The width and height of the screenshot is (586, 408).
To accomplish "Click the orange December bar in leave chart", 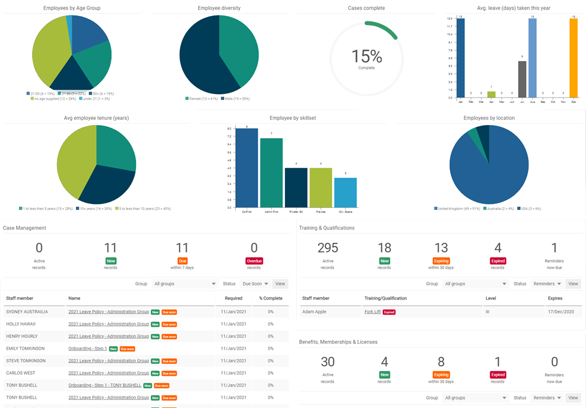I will tap(573, 58).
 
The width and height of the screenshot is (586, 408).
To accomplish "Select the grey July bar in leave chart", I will tap(522, 79).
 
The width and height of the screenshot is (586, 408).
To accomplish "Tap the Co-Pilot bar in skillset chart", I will tap(247, 168).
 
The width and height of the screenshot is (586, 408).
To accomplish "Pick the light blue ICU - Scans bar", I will tap(345, 193).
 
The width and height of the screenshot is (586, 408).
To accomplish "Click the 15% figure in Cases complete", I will tap(366, 56).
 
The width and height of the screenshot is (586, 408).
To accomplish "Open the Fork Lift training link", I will tap(372, 312).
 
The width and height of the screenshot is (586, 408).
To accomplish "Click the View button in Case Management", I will tap(280, 284).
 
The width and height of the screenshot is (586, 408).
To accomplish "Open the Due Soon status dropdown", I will tap(255, 284).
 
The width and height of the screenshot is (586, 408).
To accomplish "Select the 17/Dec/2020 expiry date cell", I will tap(560, 312).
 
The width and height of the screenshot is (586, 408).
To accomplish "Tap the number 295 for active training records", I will tap(327, 248).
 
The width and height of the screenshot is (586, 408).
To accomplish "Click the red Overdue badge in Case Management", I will tap(254, 261).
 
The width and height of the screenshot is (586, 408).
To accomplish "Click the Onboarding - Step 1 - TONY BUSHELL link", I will tap(105, 385).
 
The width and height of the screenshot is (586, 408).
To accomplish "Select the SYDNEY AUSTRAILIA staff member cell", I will tap(27, 312).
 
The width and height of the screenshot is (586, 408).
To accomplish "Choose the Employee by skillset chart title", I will tap(293, 118).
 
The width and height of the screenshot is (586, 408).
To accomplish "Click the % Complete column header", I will tap(271, 298).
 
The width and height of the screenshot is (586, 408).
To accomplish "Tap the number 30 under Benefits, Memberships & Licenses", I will tap(327, 362).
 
